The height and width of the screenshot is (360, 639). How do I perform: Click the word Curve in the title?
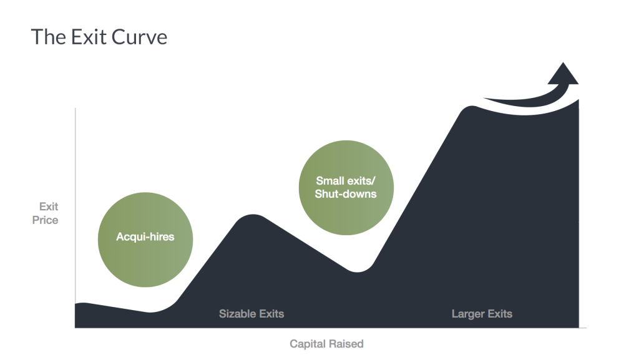pyautogui.click(x=139, y=37)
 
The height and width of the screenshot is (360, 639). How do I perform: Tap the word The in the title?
pyautogui.click(x=49, y=37)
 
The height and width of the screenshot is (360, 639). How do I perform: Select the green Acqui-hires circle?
pyautogui.click(x=145, y=240)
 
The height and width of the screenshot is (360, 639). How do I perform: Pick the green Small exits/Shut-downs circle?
pyautogui.click(x=346, y=188)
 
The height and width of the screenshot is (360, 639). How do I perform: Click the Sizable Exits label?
pyautogui.click(x=251, y=314)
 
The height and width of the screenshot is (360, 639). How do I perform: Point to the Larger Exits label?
pyautogui.click(x=482, y=314)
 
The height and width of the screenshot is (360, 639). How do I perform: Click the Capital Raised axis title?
pyautogui.click(x=326, y=344)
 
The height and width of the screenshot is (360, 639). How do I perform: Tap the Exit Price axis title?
pyautogui.click(x=45, y=213)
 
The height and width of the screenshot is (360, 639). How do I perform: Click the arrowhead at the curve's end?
pyautogui.click(x=563, y=74)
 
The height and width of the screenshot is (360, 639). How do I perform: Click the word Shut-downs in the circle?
pyautogui.click(x=346, y=194)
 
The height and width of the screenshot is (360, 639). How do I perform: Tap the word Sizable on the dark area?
pyautogui.click(x=235, y=314)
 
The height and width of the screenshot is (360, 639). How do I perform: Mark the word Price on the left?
pyautogui.click(x=45, y=220)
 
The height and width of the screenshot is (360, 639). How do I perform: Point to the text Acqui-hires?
pyautogui.click(x=145, y=236)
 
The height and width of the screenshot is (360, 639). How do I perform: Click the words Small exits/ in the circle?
pyautogui.click(x=346, y=181)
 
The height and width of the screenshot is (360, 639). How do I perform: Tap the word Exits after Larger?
pyautogui.click(x=500, y=314)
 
